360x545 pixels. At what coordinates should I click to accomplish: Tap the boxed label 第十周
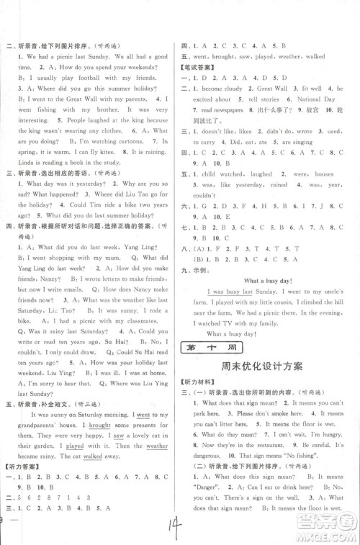(205, 348)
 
